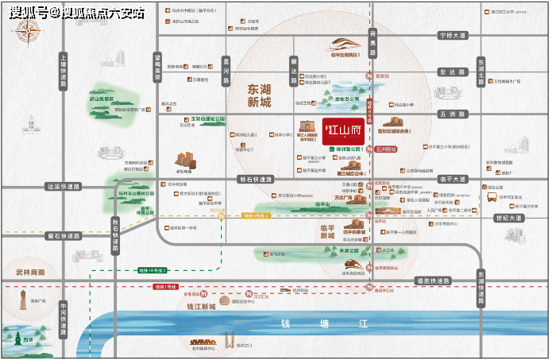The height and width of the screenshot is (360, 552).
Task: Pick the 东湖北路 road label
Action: pyautogui.click(x=481, y=71)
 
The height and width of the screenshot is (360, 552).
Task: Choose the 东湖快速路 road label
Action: pyautogui.click(x=481, y=287)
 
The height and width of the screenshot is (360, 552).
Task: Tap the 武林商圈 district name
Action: pyautogui.click(x=30, y=272)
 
